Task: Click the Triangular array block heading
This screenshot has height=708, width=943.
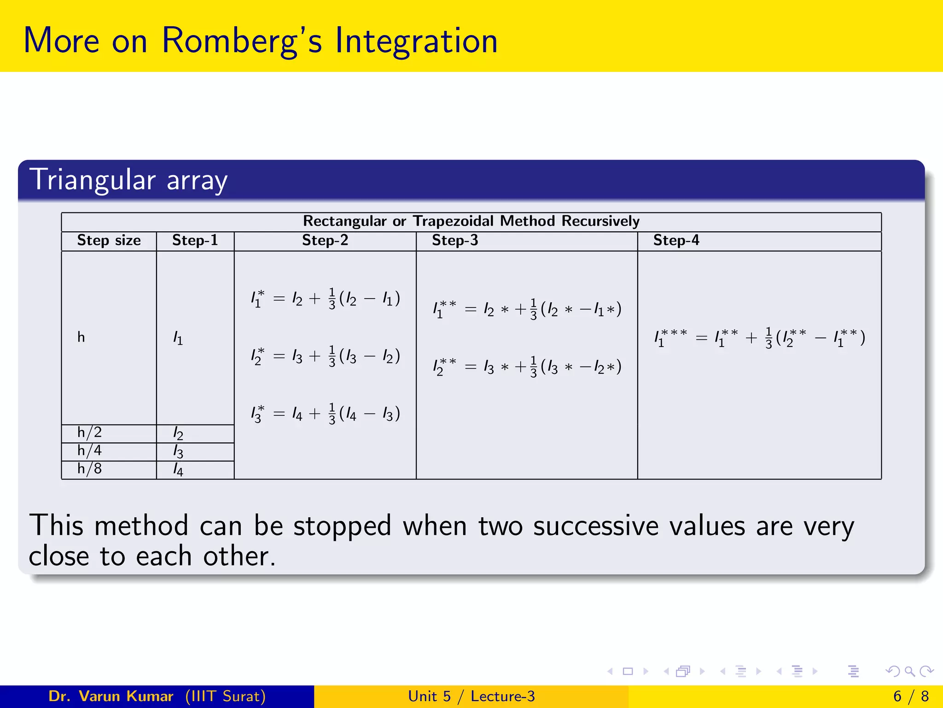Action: [x=128, y=180]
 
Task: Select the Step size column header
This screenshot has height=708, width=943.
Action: [x=109, y=241]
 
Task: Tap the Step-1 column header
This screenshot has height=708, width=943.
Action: [x=195, y=241]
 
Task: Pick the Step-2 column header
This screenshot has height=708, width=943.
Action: [x=325, y=241]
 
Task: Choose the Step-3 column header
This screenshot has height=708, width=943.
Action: [x=455, y=241]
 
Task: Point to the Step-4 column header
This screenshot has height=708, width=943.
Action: [x=676, y=241]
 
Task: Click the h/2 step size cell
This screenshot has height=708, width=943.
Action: [x=89, y=433]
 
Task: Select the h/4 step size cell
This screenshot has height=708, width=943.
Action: [x=89, y=451]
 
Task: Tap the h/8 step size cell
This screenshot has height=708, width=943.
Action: [x=89, y=469]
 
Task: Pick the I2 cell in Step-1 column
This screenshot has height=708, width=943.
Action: [x=178, y=434]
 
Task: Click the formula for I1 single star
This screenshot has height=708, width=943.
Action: [x=325, y=299]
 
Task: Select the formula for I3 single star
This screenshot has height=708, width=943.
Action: [x=325, y=413]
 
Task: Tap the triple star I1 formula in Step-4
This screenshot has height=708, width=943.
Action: [x=759, y=338]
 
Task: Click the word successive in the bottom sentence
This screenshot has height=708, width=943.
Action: [x=595, y=526]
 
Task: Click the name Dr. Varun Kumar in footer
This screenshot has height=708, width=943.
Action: [x=111, y=696]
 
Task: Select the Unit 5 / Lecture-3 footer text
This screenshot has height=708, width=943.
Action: [x=471, y=696]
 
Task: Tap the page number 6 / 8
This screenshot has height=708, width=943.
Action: [x=910, y=696]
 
